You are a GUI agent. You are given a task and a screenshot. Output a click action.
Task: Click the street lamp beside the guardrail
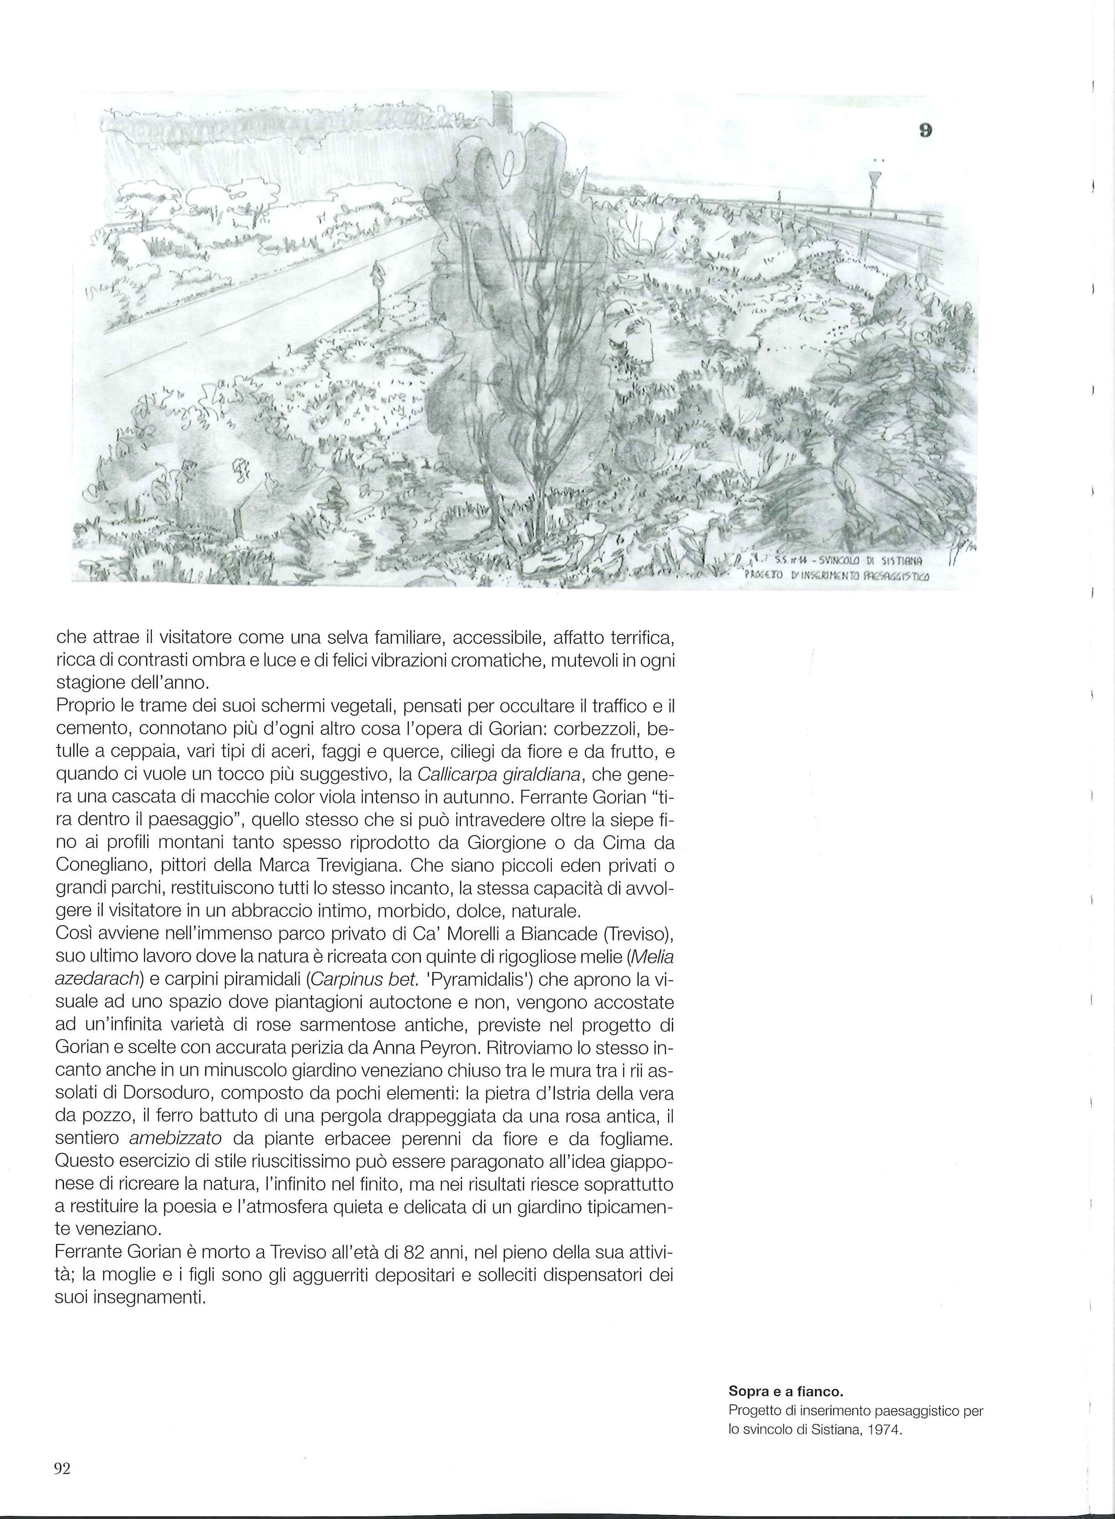pos(875,189)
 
